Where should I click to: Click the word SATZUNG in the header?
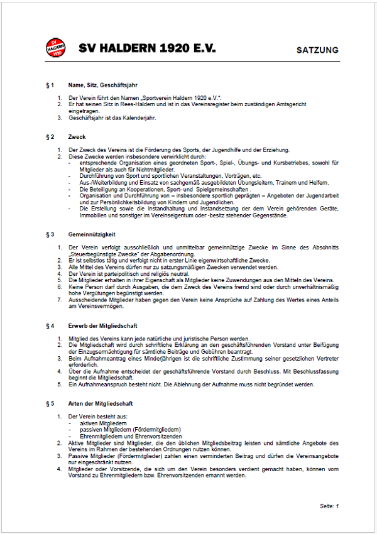click(x=317, y=50)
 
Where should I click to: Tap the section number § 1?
click(x=50, y=85)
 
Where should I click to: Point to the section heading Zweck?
click(x=77, y=136)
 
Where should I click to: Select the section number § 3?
click(x=50, y=234)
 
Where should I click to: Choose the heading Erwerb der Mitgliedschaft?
click(x=103, y=326)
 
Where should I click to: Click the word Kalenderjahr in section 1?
click(x=138, y=117)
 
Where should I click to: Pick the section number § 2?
click(x=50, y=136)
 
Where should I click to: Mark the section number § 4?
click(x=50, y=326)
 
